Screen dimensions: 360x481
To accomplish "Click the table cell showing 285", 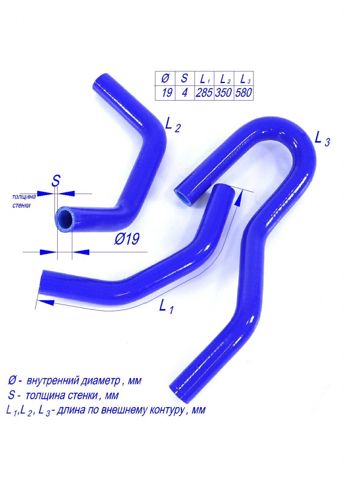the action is (204, 93).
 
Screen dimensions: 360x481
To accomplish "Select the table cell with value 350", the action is (224, 93).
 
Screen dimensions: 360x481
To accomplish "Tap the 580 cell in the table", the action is (243, 93).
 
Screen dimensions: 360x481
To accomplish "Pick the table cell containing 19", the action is (165, 93).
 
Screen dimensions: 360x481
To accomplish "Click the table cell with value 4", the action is (185, 93).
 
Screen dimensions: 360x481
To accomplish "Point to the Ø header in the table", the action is (165, 79).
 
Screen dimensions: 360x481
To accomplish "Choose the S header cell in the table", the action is (185, 79).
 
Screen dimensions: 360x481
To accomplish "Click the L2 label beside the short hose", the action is (173, 125).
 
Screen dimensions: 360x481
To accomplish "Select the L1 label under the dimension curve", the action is (166, 306).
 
